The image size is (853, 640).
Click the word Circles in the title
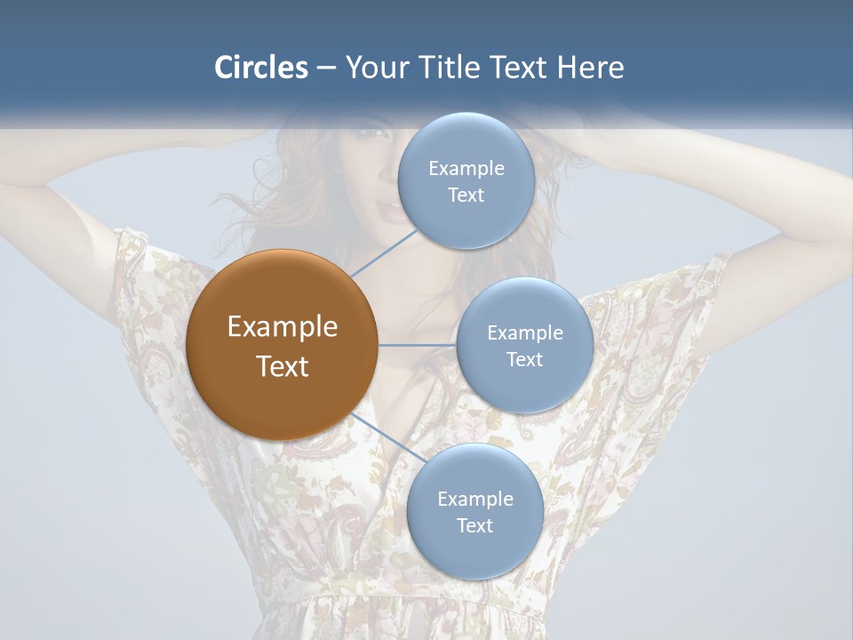pos(261,68)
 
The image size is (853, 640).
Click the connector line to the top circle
pos(384,252)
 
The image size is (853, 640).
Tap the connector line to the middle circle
pos(418,345)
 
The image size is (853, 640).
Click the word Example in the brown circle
pos(283,327)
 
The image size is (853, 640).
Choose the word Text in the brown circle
pos(283,366)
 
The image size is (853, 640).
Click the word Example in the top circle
pos(466,169)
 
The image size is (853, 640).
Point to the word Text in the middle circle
pos(525,360)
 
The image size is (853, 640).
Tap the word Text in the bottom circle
pos(474,526)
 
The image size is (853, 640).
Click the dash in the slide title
pos(325,68)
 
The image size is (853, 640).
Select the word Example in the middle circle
pos(525,333)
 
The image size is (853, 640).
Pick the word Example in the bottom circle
pos(474,500)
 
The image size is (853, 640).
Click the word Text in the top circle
pos(466,196)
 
